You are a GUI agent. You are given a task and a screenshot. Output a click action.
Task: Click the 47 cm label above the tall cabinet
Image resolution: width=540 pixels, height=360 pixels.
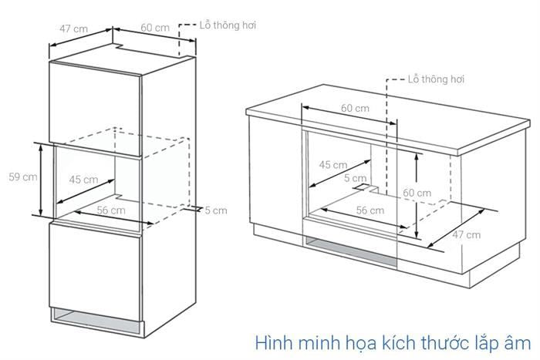(74, 29)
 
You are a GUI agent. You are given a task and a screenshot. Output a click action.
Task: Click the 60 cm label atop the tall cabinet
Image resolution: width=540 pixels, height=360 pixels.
(155, 27)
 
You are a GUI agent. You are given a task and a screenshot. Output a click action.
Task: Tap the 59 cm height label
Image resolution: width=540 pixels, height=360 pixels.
(23, 177)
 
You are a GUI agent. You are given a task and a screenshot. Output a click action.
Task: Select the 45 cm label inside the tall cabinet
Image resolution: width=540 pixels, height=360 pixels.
(83, 180)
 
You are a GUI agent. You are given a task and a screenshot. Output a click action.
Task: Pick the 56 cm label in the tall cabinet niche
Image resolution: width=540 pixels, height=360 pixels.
(111, 210)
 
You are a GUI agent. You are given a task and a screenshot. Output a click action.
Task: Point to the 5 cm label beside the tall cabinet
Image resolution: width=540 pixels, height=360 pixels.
(216, 210)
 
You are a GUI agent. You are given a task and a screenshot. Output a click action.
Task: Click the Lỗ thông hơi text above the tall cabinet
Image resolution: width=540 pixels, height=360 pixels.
(228, 25)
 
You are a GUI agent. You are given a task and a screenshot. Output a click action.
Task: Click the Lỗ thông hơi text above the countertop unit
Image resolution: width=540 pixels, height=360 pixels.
(436, 79)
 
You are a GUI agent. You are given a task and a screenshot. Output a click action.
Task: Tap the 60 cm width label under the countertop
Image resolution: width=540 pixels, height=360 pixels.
(355, 108)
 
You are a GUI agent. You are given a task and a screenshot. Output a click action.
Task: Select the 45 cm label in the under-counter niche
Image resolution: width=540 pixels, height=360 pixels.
(333, 165)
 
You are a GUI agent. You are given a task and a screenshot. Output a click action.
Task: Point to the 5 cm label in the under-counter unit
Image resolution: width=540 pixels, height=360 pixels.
(355, 178)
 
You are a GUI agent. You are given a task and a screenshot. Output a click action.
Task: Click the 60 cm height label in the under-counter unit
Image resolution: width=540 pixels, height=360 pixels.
(417, 193)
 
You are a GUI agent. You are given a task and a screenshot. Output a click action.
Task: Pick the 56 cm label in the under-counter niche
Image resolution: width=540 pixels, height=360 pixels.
(370, 210)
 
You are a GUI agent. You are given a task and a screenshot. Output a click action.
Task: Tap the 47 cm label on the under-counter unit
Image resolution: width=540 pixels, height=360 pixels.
(466, 234)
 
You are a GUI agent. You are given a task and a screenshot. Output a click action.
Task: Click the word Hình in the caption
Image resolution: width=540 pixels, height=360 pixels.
(274, 343)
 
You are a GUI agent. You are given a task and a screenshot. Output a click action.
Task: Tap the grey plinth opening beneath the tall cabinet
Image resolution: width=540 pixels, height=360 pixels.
(96, 321)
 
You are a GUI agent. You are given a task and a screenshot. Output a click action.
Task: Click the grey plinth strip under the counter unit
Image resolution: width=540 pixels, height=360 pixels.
(350, 252)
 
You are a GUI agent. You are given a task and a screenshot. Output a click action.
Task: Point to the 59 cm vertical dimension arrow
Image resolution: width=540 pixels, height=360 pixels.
(41, 180)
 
